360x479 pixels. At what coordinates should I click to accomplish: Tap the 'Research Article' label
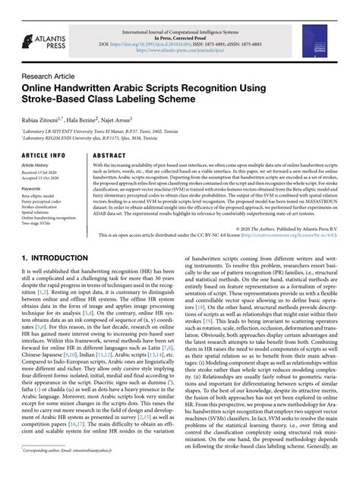coord(47,76)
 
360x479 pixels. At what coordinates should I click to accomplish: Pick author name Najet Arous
coord(113,121)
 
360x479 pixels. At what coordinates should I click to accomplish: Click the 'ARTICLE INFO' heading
coord(43,155)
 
